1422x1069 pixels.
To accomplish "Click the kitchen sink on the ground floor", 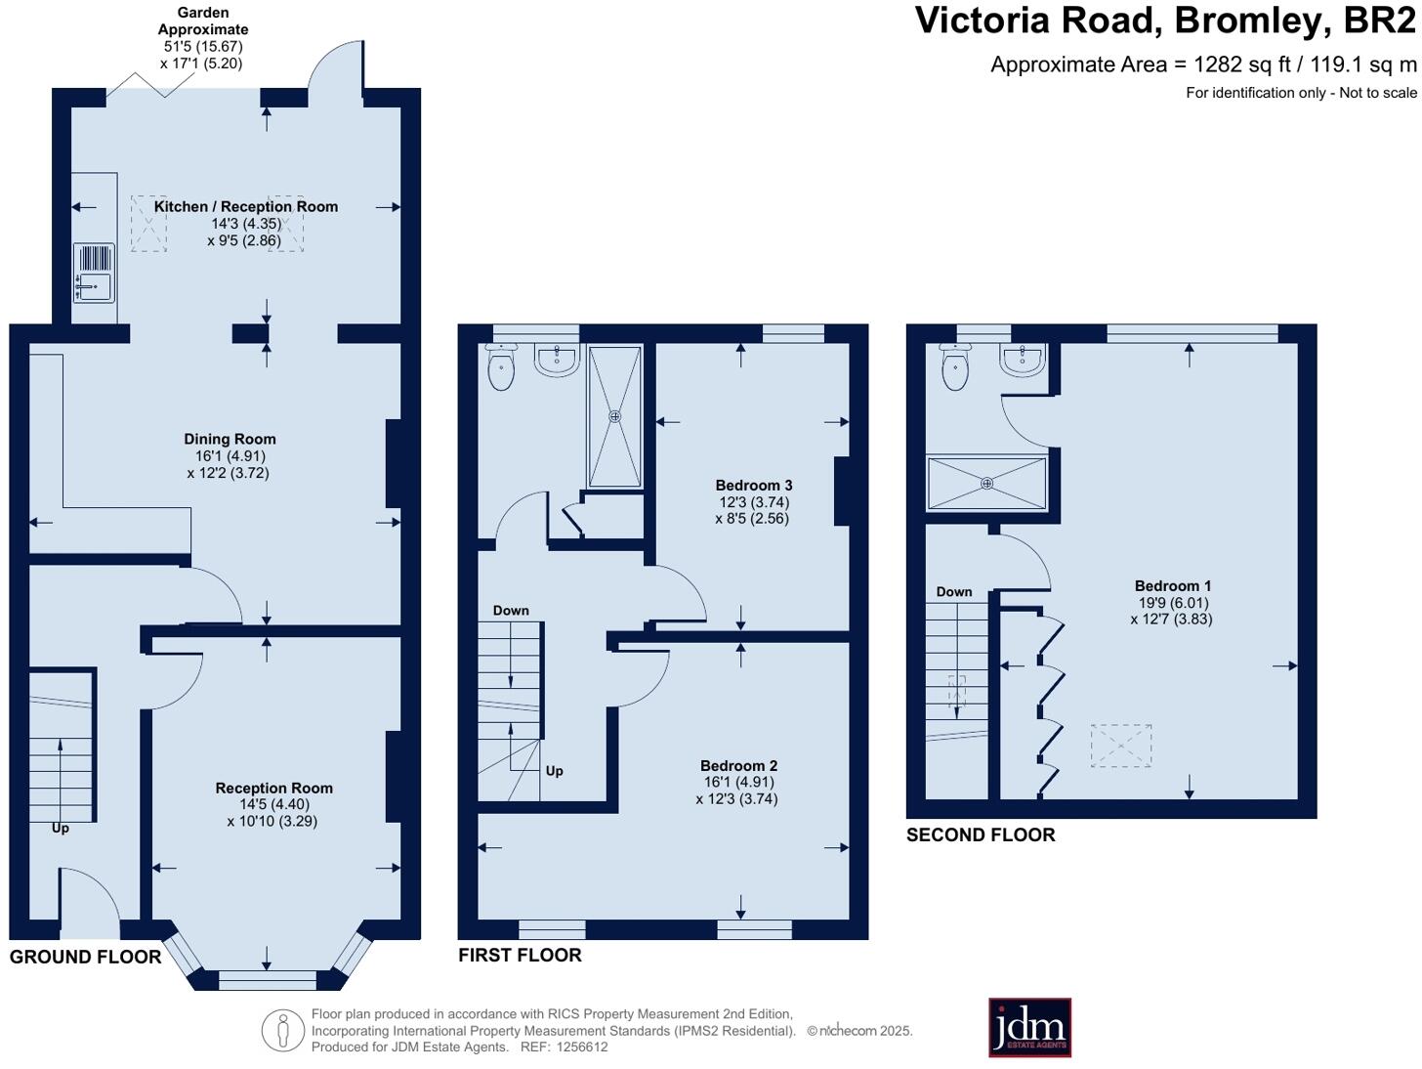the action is (x=94, y=273).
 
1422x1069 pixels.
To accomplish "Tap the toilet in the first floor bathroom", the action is (x=501, y=366).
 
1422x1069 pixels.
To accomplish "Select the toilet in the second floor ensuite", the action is (x=955, y=366).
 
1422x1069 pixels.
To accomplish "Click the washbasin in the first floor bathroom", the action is (x=557, y=360).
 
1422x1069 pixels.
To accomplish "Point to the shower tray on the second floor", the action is (x=986, y=484).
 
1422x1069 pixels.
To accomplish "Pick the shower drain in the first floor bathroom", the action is (x=614, y=416).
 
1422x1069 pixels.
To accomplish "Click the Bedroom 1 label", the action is (x=1172, y=585).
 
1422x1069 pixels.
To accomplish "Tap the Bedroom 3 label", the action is (x=753, y=486).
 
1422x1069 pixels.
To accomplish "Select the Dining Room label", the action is (x=230, y=440).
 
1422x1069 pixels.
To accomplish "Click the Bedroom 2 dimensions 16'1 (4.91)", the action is (x=739, y=782).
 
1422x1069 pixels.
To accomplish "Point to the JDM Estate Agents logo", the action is (x=1029, y=1028).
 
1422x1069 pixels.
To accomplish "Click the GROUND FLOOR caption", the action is (x=86, y=957).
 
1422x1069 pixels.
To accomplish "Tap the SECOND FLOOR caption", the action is (x=981, y=835).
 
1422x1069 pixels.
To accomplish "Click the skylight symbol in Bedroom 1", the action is (x=1121, y=746).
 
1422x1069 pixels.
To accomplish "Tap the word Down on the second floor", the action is (x=954, y=591).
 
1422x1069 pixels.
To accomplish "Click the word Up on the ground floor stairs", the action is (x=61, y=829).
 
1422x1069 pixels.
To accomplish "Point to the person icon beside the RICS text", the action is (x=282, y=1030).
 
